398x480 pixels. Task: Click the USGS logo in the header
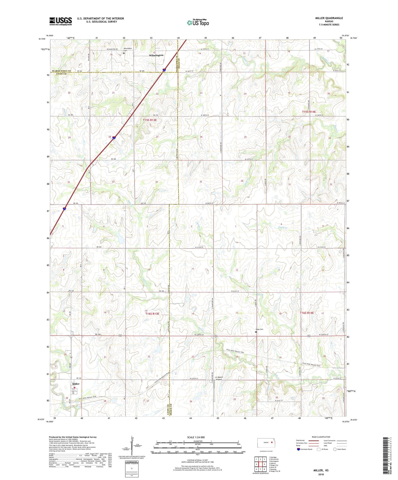(60, 21)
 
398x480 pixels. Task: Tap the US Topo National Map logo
(198, 23)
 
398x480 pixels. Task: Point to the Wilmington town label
(156, 55)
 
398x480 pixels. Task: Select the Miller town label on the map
(76, 384)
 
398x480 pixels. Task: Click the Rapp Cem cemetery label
(259, 329)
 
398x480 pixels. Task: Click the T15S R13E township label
(150, 120)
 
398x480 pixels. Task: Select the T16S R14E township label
(307, 313)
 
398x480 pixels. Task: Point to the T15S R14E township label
(309, 112)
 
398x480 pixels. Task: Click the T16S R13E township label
(152, 314)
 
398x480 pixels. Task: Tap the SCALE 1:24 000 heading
(196, 437)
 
